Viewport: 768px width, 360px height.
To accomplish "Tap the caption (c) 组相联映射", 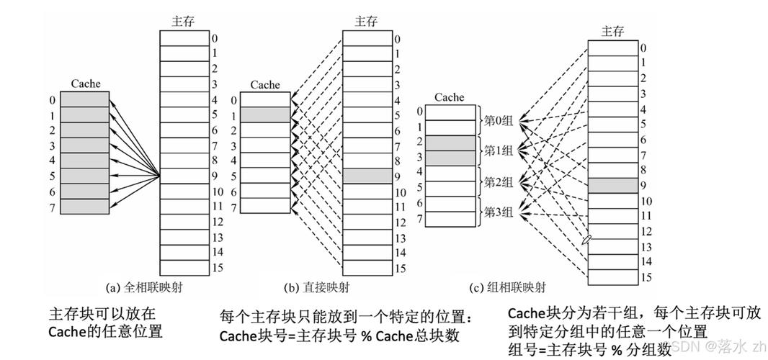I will (x=507, y=287).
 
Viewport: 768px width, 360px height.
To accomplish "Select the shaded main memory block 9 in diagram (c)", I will (x=612, y=186).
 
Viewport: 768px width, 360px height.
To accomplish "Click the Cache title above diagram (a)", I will (x=85, y=84).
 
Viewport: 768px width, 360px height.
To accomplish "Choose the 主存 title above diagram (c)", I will (x=612, y=31).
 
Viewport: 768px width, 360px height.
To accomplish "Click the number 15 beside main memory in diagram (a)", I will (x=217, y=267).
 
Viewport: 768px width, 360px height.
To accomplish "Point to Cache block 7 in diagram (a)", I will (x=85, y=207).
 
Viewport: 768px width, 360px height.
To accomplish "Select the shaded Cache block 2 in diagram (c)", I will (x=450, y=142).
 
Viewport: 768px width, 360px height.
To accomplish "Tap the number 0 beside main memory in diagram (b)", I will (x=397, y=38).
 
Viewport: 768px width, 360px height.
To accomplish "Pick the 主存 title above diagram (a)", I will (x=184, y=21).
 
